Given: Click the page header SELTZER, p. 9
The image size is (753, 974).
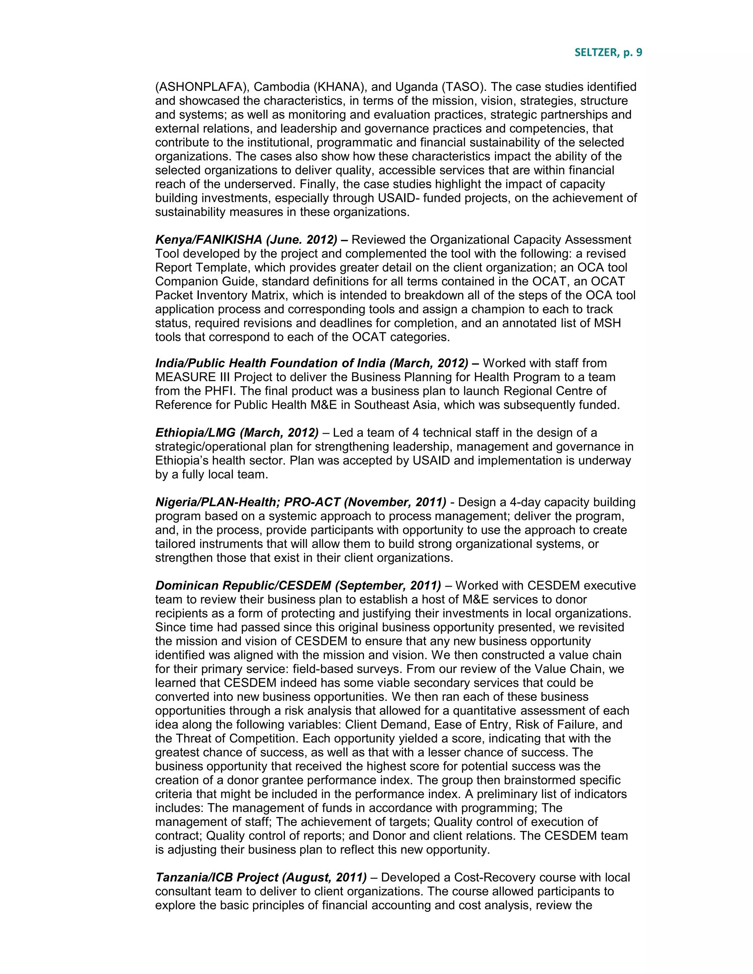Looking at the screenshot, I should coord(608,53).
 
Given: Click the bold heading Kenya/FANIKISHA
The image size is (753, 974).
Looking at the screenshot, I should coord(208,240).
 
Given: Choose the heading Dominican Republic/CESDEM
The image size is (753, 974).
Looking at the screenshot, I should coord(243,586).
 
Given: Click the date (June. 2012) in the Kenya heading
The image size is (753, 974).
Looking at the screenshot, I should coord(301,240).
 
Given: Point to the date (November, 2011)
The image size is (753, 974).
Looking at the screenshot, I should coord(395,502).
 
